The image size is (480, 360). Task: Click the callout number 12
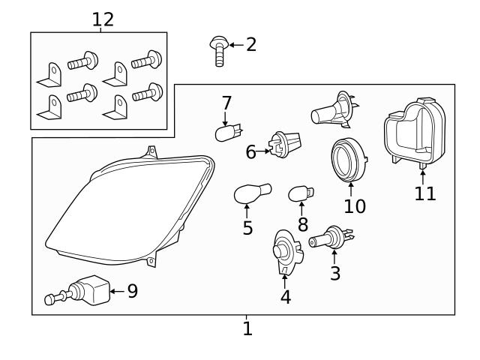(103, 19)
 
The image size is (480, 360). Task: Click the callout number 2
(251, 44)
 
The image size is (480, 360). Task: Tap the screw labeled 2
(217, 51)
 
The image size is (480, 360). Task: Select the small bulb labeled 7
(225, 133)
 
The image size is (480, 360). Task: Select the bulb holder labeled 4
(283, 250)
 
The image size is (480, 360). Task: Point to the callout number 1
(247, 328)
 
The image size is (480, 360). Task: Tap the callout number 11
(424, 193)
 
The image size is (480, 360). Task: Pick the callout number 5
(247, 228)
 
